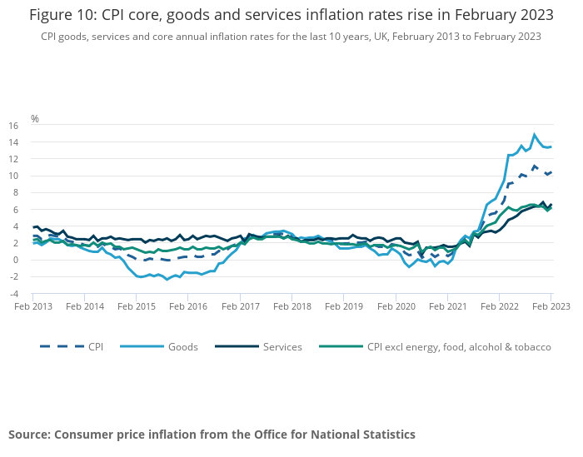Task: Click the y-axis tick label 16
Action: [x=13, y=126]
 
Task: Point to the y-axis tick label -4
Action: [x=13, y=294]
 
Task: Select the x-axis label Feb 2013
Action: [x=33, y=306]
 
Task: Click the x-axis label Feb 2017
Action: [x=240, y=306]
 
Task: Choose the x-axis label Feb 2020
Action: [x=396, y=306]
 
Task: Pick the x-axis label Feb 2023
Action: [x=551, y=306]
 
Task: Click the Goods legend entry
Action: [x=182, y=346]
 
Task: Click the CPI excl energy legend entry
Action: [x=459, y=346]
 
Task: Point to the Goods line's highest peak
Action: [x=535, y=134]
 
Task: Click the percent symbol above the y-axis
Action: [x=35, y=119]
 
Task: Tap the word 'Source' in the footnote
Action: [x=29, y=435]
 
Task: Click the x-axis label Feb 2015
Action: [x=137, y=306]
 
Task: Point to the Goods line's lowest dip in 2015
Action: [x=167, y=279]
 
